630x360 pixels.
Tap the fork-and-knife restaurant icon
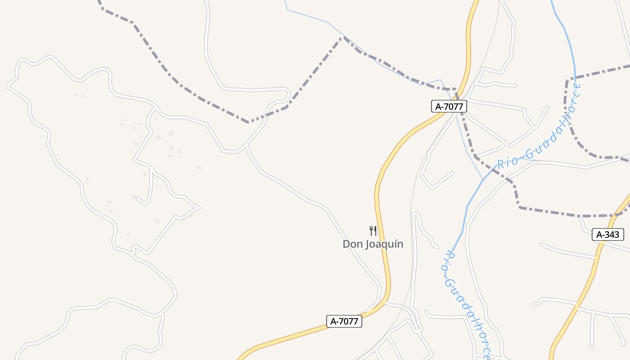[373, 231]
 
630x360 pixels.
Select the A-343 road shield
[607, 234]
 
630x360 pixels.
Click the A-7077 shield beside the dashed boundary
[449, 107]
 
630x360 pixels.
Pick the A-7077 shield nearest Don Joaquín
[344, 321]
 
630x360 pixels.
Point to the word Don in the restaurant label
[352, 244]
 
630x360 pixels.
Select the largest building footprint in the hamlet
[171, 134]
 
